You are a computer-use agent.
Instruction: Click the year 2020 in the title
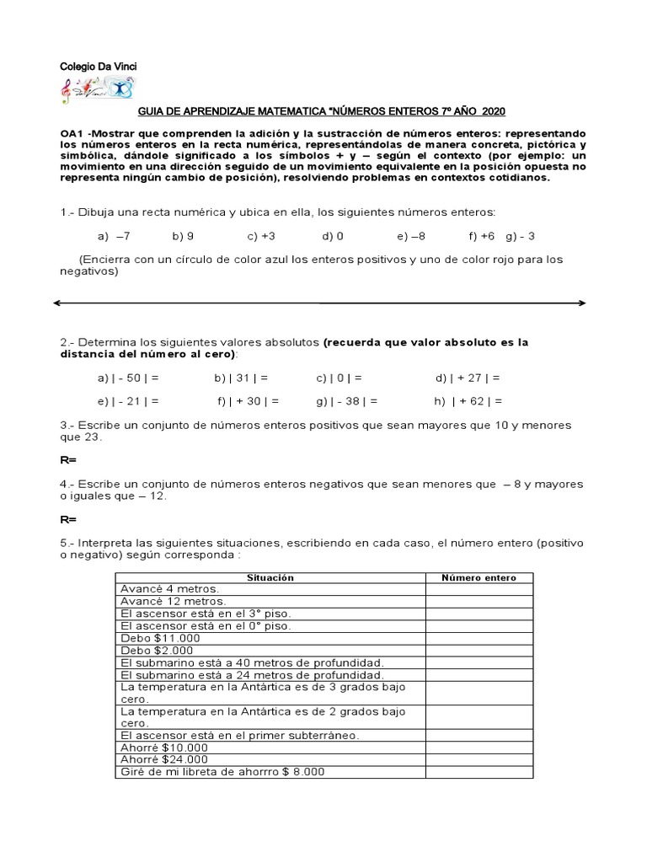pyautogui.click(x=495, y=112)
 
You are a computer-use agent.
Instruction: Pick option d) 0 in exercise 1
pyautogui.click(x=333, y=237)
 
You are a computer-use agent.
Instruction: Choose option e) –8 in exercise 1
pyautogui.click(x=411, y=237)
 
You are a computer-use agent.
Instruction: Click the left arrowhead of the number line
pyautogui.click(x=58, y=303)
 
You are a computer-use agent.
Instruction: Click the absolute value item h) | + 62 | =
pyautogui.click(x=468, y=402)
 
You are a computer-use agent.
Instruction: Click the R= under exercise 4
pyautogui.click(x=67, y=520)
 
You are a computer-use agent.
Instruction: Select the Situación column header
pyautogui.click(x=270, y=577)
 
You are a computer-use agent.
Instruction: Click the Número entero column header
pyautogui.click(x=479, y=577)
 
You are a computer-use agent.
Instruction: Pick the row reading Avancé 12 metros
pyautogui.click(x=174, y=602)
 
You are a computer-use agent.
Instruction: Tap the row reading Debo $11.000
pyautogui.click(x=161, y=638)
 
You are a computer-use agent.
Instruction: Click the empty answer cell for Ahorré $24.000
pyautogui.click(x=479, y=759)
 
